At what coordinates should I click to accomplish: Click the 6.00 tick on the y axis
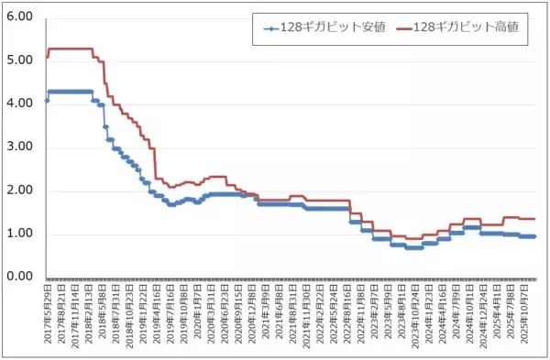[x=19, y=17]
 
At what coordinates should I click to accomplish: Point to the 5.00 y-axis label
[x=19, y=60]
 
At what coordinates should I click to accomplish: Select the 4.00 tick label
[x=19, y=104]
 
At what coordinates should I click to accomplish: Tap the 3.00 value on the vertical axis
[x=19, y=147]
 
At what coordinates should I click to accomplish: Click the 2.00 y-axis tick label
[x=19, y=191]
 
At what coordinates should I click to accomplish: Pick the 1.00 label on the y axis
[x=19, y=234]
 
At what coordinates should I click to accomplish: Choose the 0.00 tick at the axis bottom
[x=19, y=277]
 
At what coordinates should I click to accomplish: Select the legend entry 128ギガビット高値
[x=467, y=27]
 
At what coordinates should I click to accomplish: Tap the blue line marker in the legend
[x=271, y=27]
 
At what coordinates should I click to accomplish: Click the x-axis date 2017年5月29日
[x=48, y=316]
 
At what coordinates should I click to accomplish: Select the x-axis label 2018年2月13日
[x=88, y=316]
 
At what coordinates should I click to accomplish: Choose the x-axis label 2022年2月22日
[x=314, y=316]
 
